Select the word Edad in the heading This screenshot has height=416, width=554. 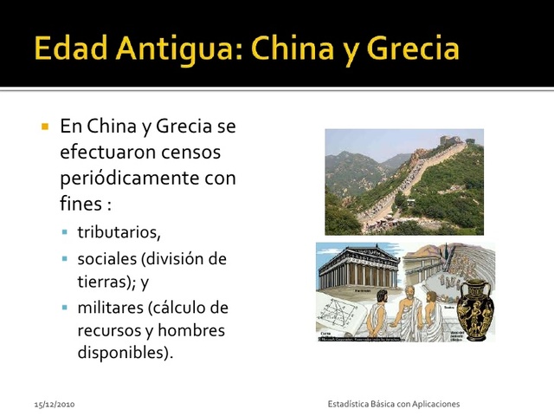tap(68, 49)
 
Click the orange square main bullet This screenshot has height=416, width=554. tap(45, 127)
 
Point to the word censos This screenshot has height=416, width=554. tap(190, 153)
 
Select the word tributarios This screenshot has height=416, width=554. tap(119, 232)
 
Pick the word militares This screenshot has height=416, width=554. tap(110, 308)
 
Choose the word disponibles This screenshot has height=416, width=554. tap(125, 354)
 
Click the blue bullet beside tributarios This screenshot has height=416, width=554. tap(65, 233)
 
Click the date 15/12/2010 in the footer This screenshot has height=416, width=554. tap(55, 405)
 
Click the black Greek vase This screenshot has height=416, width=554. tap(474, 308)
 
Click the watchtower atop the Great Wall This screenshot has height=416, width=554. tap(449, 140)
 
